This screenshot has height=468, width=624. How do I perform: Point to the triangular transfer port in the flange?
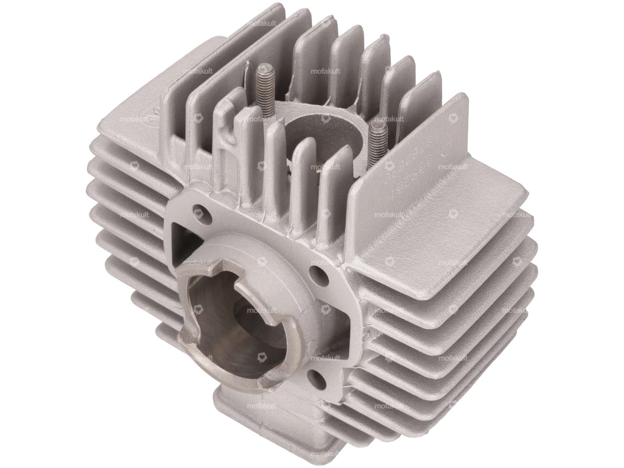[x=179, y=232]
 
